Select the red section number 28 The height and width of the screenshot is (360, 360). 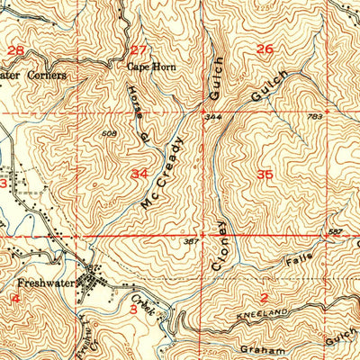[16, 50]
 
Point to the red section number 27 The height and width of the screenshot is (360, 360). [138, 50]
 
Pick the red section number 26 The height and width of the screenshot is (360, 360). [265, 49]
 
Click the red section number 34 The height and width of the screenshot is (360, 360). [139, 173]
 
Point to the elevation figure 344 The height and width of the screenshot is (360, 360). [212, 117]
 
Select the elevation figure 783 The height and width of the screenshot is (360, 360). [314, 117]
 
